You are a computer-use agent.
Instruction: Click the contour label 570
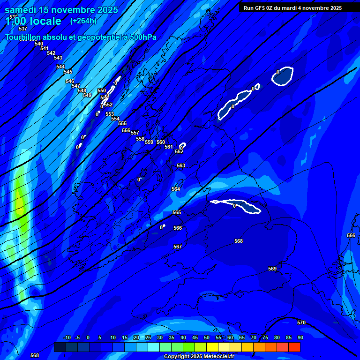pyautogui.click(x=301, y=322)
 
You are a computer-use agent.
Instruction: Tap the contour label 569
pyautogui.click(x=272, y=269)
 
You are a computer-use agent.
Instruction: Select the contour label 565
pyautogui.click(x=177, y=212)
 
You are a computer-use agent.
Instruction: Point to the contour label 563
pyautogui.click(x=181, y=165)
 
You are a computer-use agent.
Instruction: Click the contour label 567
pyautogui.click(x=178, y=247)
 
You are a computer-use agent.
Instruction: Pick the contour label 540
pyautogui.click(x=39, y=44)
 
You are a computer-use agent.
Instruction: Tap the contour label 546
pyautogui.click(x=70, y=81)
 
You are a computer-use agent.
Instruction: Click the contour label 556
pyautogui.click(x=126, y=130)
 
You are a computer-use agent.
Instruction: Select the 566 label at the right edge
pyautogui.click(x=351, y=235)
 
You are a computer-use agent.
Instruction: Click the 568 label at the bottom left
pyautogui.click(x=35, y=355)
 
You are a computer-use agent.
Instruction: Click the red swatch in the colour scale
pyautogui.click(x=294, y=347)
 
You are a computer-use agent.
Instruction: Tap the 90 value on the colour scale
pyautogui.click(x=300, y=337)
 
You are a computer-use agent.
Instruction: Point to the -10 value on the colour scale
pyautogui.click(x=67, y=337)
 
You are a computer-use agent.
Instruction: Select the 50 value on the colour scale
pyautogui.click(x=207, y=337)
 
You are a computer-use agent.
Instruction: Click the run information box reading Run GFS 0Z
pyautogui.click(x=292, y=8)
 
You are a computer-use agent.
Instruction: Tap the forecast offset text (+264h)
pyautogui.click(x=83, y=21)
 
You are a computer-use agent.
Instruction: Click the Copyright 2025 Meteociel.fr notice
pyautogui.click(x=199, y=356)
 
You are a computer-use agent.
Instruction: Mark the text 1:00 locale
pyautogui.click(x=34, y=21)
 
